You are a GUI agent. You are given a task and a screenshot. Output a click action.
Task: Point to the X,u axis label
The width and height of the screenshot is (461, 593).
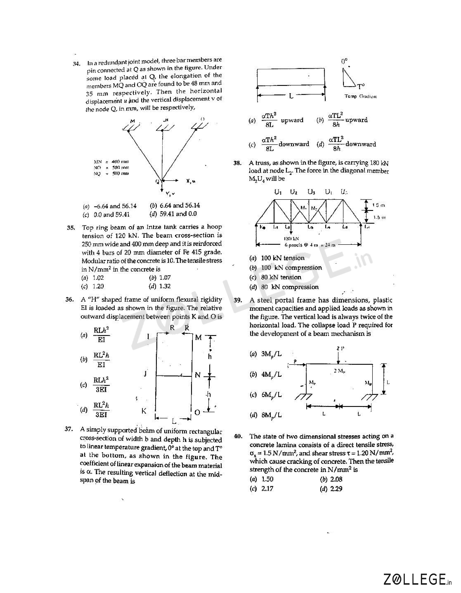[191, 181]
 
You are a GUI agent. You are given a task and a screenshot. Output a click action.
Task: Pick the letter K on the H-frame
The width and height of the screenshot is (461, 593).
[144, 411]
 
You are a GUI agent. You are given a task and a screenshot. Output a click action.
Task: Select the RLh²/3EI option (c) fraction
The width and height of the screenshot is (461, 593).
[101, 385]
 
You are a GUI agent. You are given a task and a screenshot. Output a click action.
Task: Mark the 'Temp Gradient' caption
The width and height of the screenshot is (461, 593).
[361, 96]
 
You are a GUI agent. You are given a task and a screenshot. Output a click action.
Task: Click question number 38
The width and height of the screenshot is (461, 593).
[238, 163]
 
